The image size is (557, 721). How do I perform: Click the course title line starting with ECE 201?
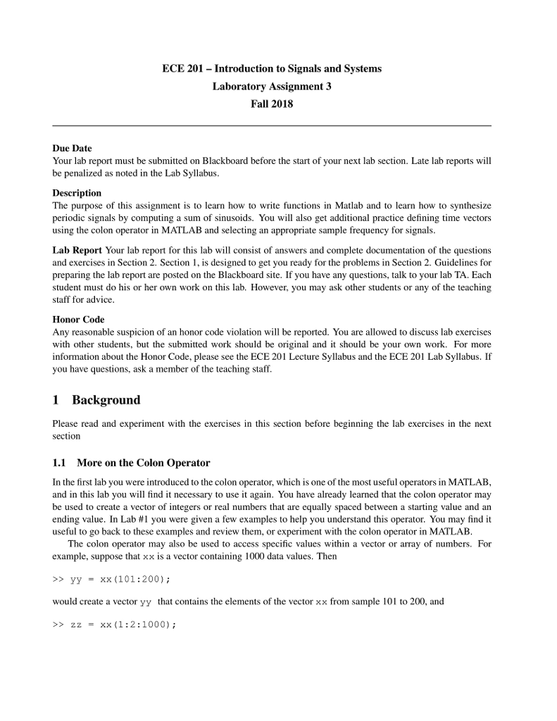point(272,69)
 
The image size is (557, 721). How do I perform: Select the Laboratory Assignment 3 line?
point(272,87)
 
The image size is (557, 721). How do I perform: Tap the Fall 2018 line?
point(272,104)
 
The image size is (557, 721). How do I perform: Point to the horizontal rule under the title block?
point(272,125)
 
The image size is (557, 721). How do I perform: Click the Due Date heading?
point(72,149)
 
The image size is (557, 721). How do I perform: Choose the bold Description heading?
point(77,193)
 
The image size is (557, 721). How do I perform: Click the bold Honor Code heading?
point(78,320)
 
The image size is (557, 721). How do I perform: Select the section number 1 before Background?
point(56,401)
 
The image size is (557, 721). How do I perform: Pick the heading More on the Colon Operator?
point(143,463)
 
